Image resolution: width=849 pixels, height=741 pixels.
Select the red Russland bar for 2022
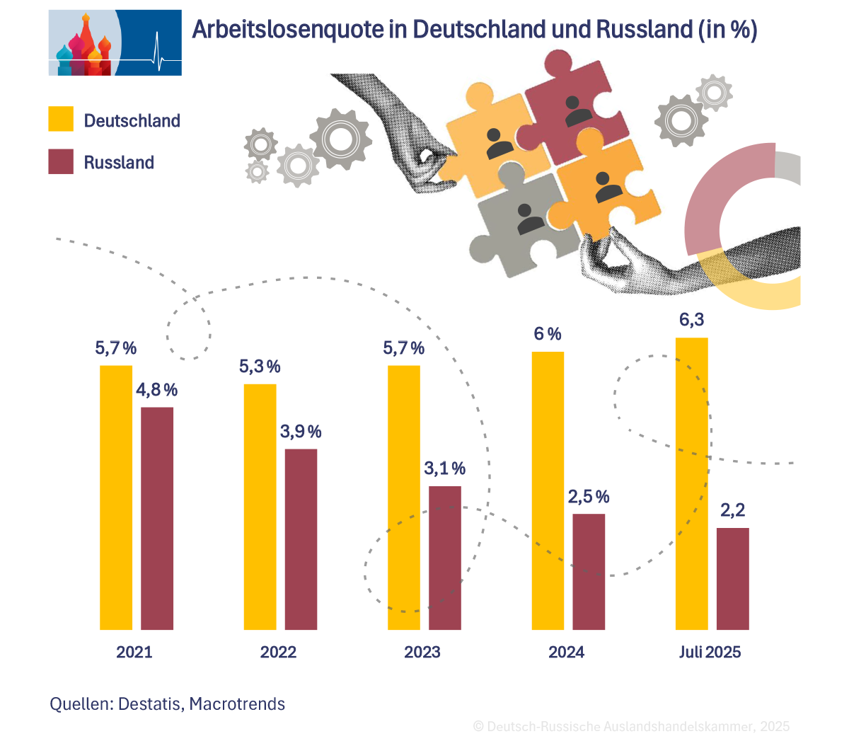pos(301,539)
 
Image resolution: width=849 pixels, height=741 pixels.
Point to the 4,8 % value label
pos(157,390)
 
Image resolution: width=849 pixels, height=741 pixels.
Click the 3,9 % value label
pos(301,432)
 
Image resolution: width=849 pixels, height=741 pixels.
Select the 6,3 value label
pos(691,320)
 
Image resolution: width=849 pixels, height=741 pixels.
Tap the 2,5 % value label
pos(589,497)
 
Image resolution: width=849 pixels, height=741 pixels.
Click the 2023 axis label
pos(422,652)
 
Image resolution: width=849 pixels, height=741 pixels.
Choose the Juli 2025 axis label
pos(710,652)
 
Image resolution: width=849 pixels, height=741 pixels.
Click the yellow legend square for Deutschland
pos(61,119)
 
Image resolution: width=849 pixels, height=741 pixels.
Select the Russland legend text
pos(119,162)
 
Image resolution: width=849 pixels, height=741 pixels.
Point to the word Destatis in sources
pos(151,704)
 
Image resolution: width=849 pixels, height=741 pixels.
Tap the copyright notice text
pos(631,726)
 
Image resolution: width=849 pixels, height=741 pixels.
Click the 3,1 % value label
pos(445,469)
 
